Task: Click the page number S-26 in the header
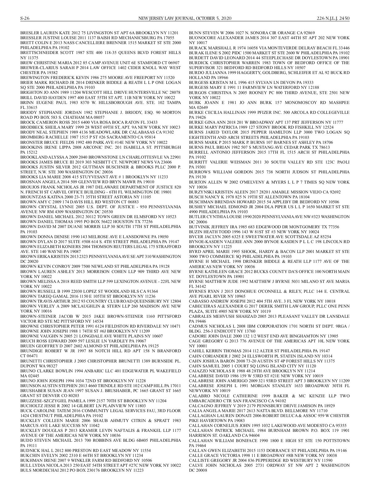pos(25,19)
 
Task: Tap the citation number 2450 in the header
pos(344,19)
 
